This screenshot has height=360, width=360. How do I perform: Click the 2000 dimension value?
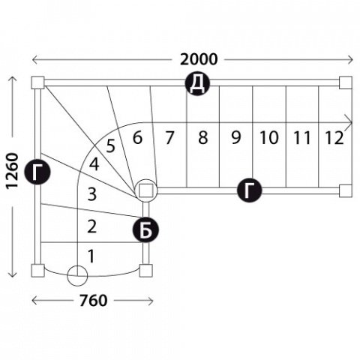(199, 59)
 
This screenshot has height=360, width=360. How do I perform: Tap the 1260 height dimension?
(12, 170)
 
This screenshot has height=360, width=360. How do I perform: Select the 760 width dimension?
(93, 301)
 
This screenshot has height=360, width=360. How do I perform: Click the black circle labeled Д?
(197, 83)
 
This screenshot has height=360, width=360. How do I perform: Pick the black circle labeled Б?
(145, 230)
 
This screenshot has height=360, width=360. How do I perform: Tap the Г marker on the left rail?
(37, 172)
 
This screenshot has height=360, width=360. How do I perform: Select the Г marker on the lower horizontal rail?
(249, 190)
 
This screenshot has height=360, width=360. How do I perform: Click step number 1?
(91, 256)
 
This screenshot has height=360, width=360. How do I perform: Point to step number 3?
(92, 194)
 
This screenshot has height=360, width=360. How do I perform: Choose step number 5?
(110, 146)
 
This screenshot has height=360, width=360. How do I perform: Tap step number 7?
(169, 138)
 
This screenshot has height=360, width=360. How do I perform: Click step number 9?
(236, 137)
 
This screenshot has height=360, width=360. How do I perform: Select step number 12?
(334, 138)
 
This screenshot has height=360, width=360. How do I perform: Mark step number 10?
(269, 137)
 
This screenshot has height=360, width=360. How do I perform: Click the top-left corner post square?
(37, 82)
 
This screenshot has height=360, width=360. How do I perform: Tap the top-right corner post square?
(346, 82)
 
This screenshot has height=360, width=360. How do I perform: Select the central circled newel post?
(146, 190)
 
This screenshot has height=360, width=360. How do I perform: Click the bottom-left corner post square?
(37, 271)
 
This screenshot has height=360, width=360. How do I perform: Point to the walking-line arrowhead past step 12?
(349, 123)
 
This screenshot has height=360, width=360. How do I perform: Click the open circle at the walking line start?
(77, 275)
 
